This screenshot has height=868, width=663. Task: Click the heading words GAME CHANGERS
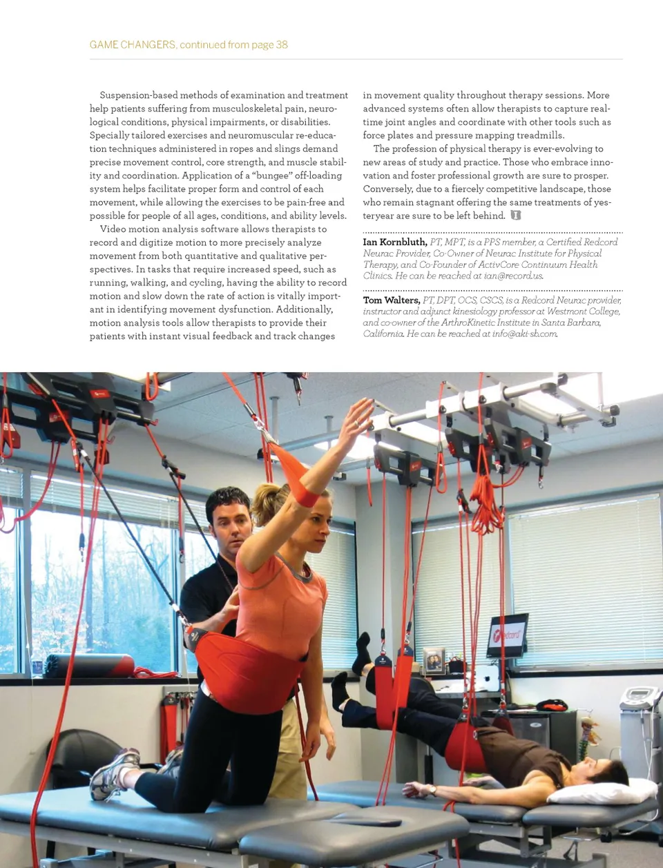coord(133,45)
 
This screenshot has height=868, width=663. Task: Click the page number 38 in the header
coord(282,45)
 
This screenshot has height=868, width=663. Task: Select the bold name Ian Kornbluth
coord(395,242)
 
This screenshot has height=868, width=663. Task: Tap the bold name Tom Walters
coord(391,300)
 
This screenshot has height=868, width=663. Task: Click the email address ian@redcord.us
coord(513,276)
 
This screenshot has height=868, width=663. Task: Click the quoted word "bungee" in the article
coord(272,175)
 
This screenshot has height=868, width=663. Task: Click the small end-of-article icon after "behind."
coord(515,215)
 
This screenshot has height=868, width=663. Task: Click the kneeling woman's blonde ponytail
coord(266,503)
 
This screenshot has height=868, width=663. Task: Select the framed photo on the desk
coord(434,660)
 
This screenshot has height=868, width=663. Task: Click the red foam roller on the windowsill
coord(90,665)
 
